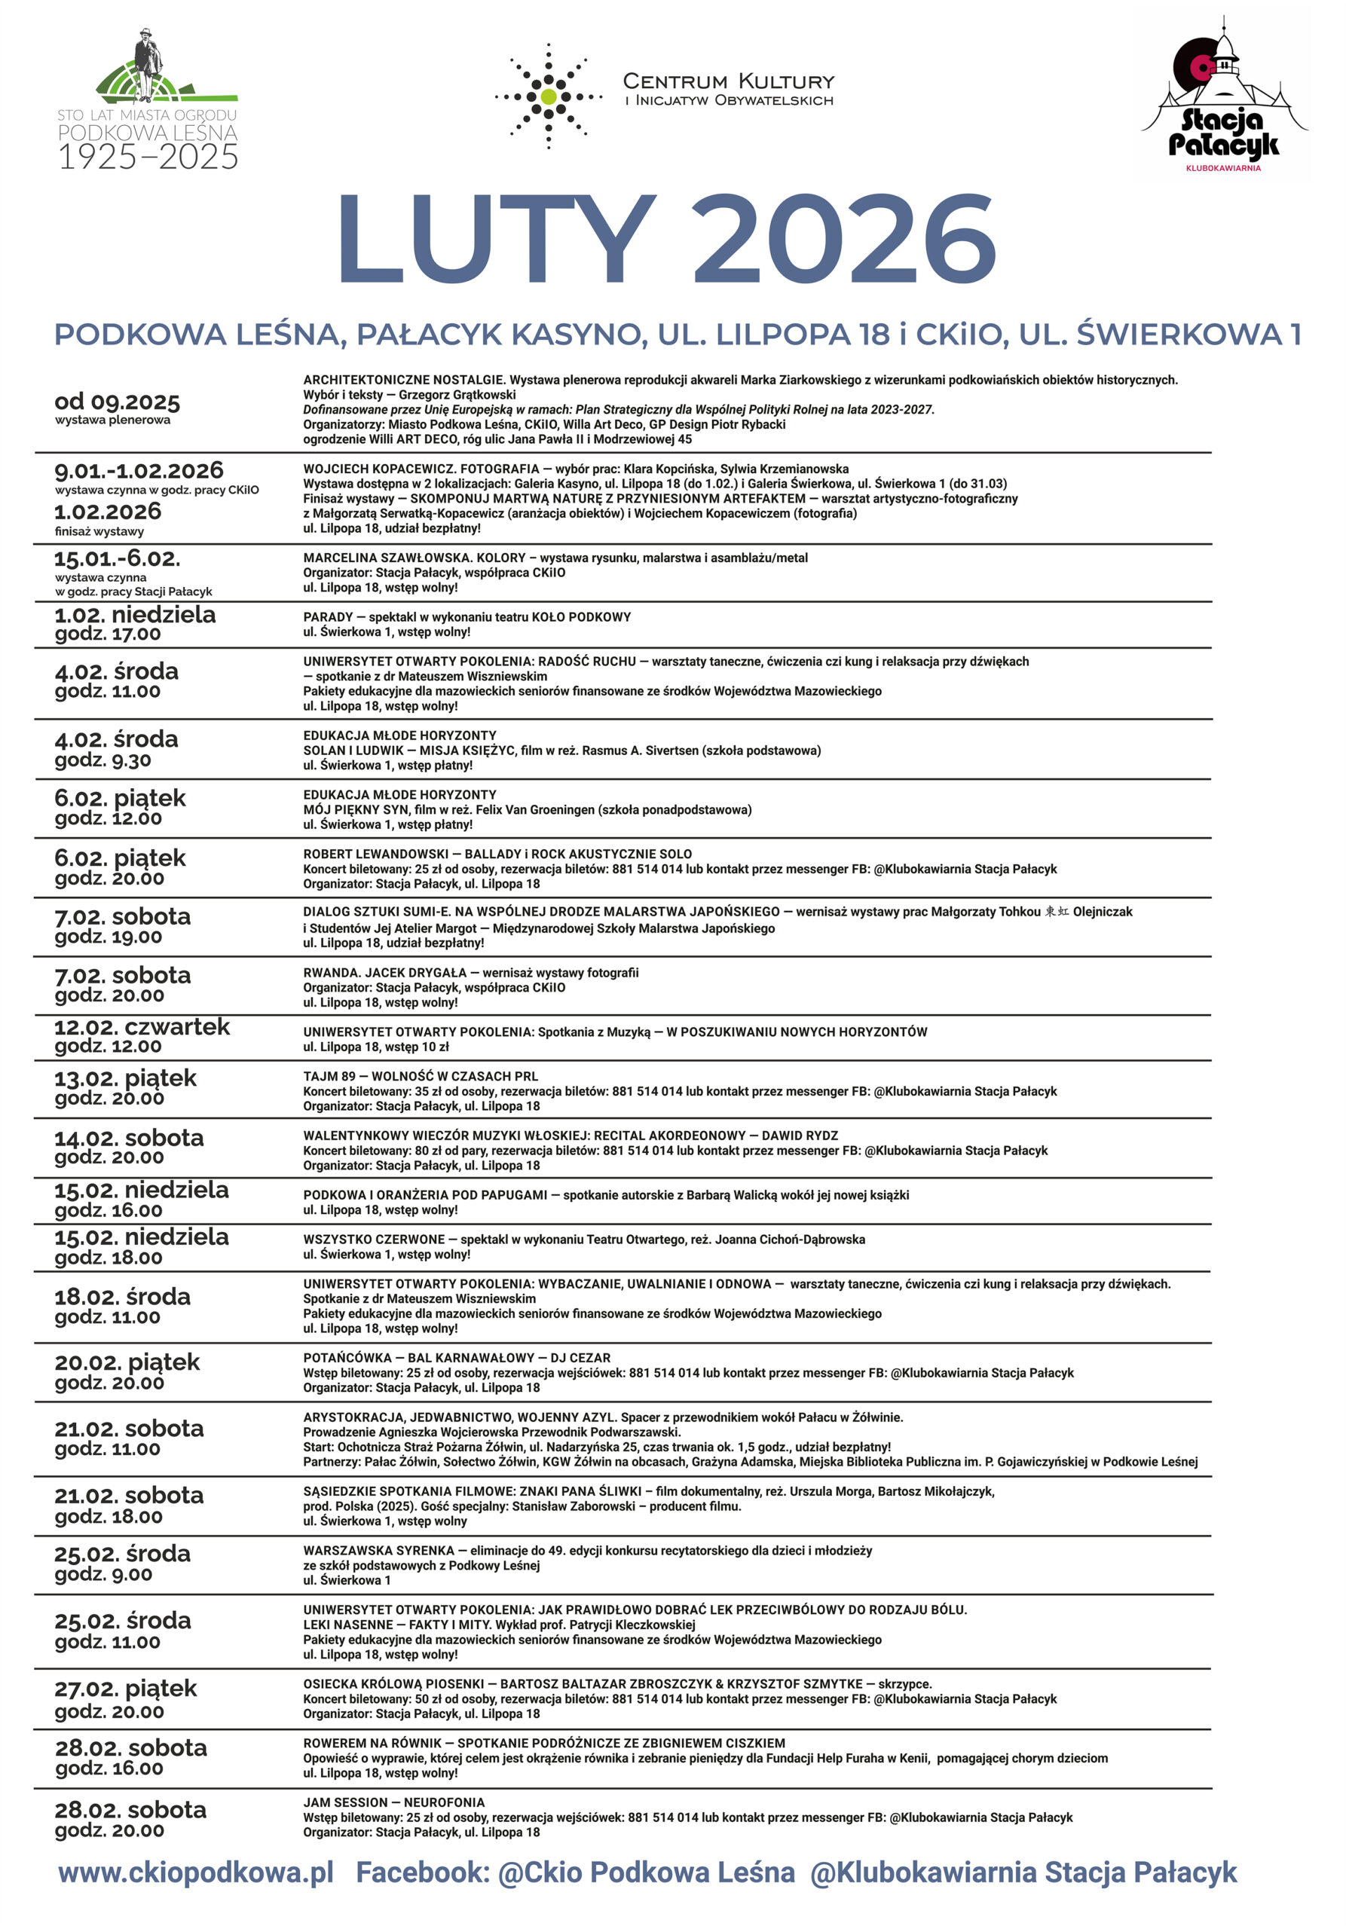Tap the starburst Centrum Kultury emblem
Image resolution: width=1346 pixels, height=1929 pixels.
[x=548, y=96]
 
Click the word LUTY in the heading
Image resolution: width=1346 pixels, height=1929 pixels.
[x=496, y=240]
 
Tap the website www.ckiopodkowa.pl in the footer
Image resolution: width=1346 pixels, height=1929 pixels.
[x=196, y=1872]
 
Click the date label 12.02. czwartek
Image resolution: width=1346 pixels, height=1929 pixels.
[x=141, y=1027]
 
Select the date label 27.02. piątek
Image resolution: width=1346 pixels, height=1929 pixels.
[x=125, y=1688]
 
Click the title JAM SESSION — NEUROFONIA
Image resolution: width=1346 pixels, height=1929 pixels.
[x=387, y=1802]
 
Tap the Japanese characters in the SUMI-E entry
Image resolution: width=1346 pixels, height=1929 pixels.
[x=1056, y=912]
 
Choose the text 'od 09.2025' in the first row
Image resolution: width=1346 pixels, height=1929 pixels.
[x=117, y=402]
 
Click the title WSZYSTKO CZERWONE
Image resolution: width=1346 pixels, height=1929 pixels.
[x=374, y=1240]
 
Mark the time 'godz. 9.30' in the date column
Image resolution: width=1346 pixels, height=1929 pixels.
[x=102, y=760]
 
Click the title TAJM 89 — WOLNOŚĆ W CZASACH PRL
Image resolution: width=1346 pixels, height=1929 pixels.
[x=420, y=1076]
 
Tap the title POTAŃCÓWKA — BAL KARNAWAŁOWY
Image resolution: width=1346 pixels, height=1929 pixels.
[x=456, y=1358]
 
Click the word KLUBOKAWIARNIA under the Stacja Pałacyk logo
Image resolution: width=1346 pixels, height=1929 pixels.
[x=1222, y=168]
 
